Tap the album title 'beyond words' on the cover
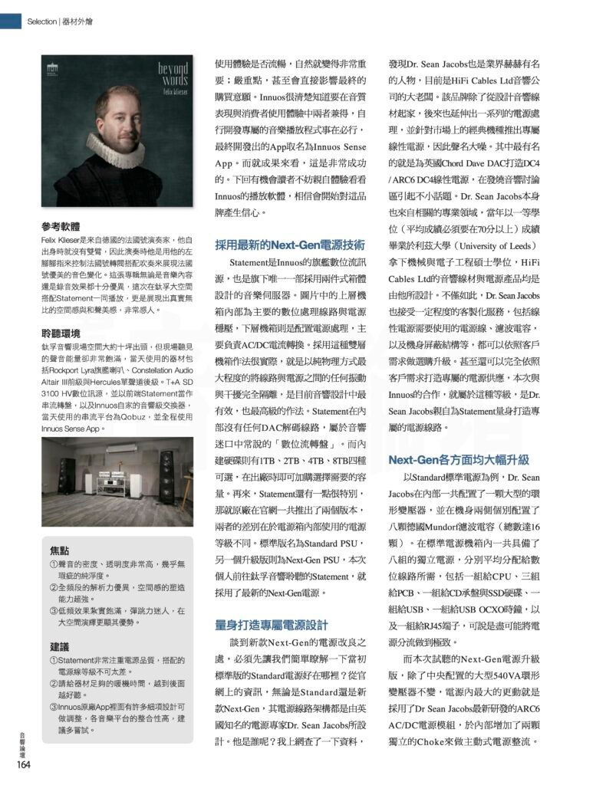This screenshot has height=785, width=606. coord(173,74)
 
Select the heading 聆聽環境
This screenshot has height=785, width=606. coord(60,333)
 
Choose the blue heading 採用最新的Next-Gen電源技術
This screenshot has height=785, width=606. coord(289,245)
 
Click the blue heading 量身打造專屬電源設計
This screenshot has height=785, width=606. coord(272,624)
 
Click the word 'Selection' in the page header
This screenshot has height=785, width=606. coord(41,21)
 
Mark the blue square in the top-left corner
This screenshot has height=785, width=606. coord(10,21)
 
